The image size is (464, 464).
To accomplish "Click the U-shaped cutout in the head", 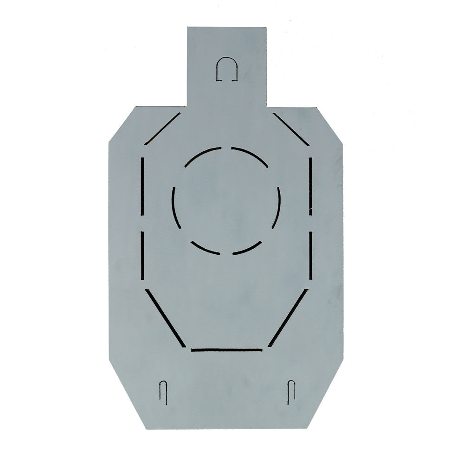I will [x=227, y=69].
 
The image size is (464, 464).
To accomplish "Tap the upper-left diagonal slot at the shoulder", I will [x=162, y=129].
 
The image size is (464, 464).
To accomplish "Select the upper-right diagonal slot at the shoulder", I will [x=290, y=129].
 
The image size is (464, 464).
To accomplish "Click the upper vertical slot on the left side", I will [x=142, y=186].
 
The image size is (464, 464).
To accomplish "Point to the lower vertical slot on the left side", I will [x=142, y=255].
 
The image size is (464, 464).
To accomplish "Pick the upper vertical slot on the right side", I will [x=310, y=186].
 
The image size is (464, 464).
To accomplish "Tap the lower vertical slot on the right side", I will [x=310, y=255].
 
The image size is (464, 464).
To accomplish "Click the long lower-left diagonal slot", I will [x=166, y=318].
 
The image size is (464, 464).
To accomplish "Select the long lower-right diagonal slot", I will [x=288, y=318].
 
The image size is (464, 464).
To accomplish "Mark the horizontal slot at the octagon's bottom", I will [x=227, y=349].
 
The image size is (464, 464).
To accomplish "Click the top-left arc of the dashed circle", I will [x=202, y=155].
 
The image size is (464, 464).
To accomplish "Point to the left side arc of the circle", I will [x=175, y=207].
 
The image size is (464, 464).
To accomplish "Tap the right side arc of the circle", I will [x=277, y=207].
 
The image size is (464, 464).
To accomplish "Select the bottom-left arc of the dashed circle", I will [x=204, y=249].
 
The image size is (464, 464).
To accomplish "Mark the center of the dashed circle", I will [x=226, y=201].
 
